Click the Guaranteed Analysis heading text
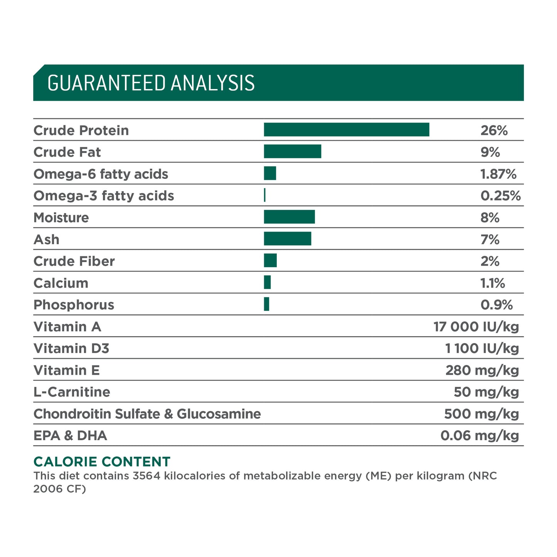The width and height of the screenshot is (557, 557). [151, 83]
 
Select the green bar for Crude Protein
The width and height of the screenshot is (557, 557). [346, 130]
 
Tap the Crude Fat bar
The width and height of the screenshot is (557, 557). [293, 151]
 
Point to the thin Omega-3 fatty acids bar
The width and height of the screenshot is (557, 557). [265, 195]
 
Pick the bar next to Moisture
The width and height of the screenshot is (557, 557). [289, 217]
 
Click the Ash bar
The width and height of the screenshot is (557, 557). [288, 239]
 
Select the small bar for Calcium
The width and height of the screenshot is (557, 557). [268, 282]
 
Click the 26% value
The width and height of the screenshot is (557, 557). [494, 130]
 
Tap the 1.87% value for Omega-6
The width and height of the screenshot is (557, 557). [498, 174]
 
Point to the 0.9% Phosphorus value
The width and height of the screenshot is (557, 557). [496, 305]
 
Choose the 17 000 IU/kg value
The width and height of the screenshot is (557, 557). [476, 326]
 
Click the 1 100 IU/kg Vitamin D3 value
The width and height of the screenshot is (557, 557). [482, 348]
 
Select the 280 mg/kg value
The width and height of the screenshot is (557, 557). [482, 370]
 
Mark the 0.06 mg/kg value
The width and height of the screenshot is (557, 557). [480, 436]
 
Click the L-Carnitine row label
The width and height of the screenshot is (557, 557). [72, 392]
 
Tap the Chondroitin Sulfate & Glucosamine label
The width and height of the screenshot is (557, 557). [147, 414]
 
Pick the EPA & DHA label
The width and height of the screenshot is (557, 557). [70, 436]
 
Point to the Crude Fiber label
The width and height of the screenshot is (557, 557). [74, 261]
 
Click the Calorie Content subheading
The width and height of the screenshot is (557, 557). [102, 462]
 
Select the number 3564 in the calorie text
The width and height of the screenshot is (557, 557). [146, 476]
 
